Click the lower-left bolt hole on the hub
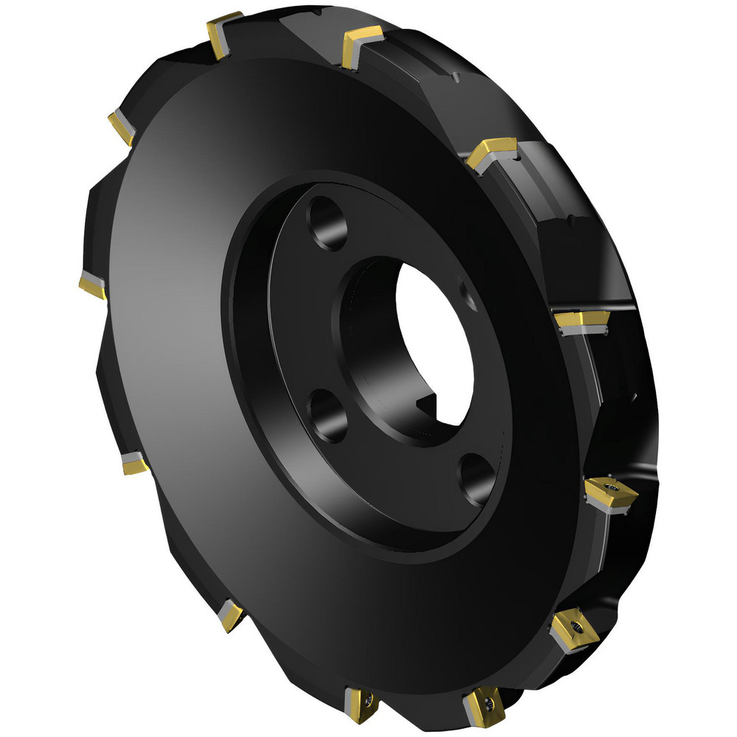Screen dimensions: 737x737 pyautogui.click(x=328, y=416)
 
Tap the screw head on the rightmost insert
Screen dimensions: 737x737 pyautogui.click(x=612, y=488)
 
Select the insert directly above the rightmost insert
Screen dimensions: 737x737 pyautogui.click(x=583, y=320)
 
